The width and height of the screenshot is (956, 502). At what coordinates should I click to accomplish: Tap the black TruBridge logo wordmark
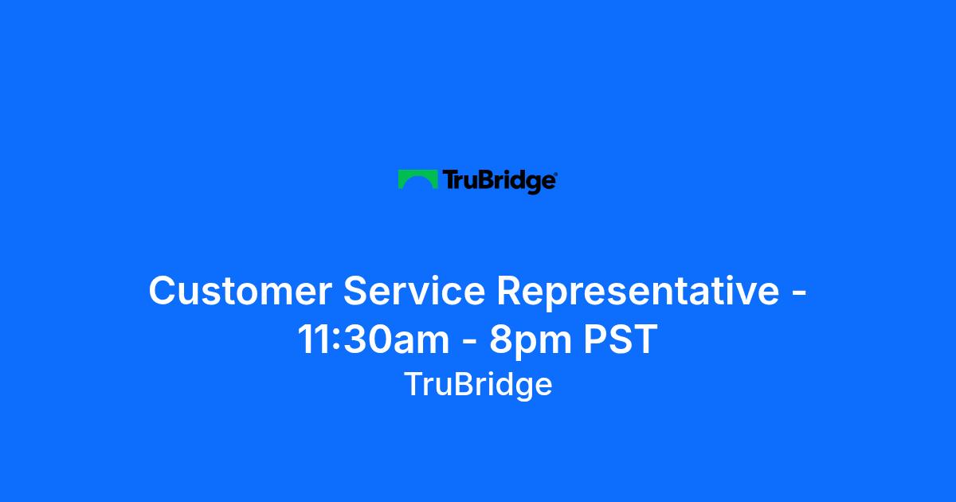click(499, 182)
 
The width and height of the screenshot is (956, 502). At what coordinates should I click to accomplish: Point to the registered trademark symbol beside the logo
click(556, 174)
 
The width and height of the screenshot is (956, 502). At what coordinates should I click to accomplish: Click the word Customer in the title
click(241, 291)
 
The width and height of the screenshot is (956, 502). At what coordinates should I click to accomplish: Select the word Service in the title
click(414, 291)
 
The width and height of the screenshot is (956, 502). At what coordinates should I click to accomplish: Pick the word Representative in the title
click(638, 292)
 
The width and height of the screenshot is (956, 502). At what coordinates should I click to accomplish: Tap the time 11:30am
click(374, 339)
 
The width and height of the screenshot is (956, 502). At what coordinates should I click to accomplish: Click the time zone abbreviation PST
click(620, 339)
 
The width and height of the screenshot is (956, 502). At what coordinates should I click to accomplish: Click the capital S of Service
click(357, 291)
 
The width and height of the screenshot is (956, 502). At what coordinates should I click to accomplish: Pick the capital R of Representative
click(511, 291)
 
